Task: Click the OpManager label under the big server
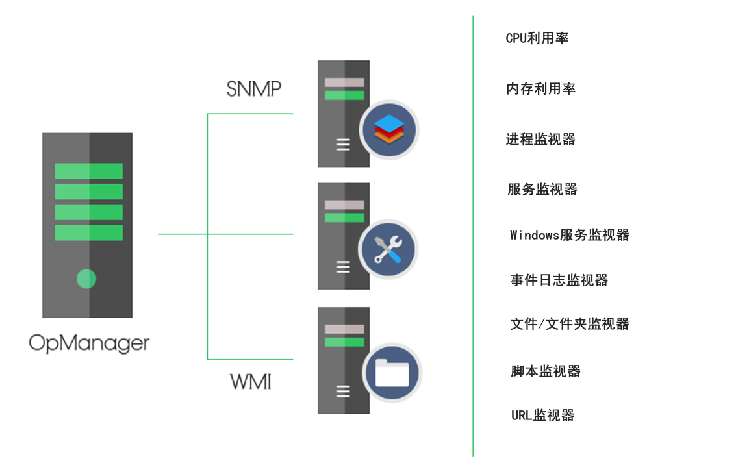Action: pyautogui.click(x=89, y=343)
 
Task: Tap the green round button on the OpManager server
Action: pyautogui.click(x=86, y=279)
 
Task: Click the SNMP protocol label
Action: pyautogui.click(x=254, y=89)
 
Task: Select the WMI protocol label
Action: pyautogui.click(x=251, y=381)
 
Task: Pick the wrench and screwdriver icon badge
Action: pyautogui.click(x=388, y=250)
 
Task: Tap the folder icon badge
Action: pyautogui.click(x=392, y=373)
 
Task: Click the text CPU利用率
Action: pyautogui.click(x=537, y=38)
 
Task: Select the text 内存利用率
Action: pyautogui.click(x=540, y=89)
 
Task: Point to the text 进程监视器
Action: pyautogui.click(x=540, y=140)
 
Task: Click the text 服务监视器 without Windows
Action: pyautogui.click(x=542, y=190)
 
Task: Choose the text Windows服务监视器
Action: pyautogui.click(x=570, y=235)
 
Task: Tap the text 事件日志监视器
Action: pyautogui.click(x=559, y=280)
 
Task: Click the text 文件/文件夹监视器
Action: pyautogui.click(x=570, y=324)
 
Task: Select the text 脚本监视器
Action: pyautogui.click(x=546, y=371)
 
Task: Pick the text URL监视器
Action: pyautogui.click(x=542, y=416)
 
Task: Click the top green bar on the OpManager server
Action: pyautogui.click(x=88, y=171)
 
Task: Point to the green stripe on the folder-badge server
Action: pyautogui.click(x=344, y=342)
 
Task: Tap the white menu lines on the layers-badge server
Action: pyautogui.click(x=343, y=144)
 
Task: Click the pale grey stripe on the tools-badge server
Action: pyautogui.click(x=344, y=205)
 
